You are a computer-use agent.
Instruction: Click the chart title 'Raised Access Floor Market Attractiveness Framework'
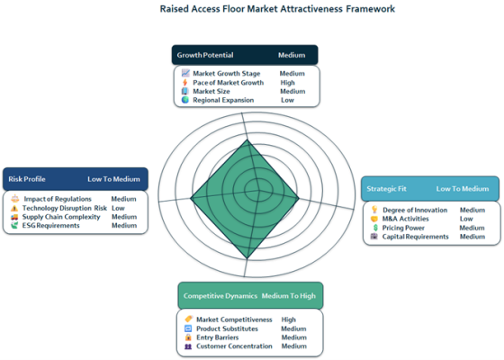[277, 9]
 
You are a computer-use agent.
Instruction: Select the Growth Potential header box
[245, 55]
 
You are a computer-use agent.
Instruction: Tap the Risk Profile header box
[76, 179]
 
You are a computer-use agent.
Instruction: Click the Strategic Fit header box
[430, 189]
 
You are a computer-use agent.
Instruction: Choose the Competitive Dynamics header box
[250, 296]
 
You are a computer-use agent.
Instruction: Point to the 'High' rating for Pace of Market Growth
[287, 83]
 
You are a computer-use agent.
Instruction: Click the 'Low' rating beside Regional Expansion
[287, 100]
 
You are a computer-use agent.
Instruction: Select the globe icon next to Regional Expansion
[185, 100]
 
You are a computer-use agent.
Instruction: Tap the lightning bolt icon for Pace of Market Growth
[185, 83]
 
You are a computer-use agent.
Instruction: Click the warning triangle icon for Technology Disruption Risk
[14, 208]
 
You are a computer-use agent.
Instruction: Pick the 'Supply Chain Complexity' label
[61, 217]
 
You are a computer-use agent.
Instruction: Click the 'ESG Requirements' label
[50, 226]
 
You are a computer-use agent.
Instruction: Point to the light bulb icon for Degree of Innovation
[374, 210]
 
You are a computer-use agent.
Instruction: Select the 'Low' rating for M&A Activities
[466, 219]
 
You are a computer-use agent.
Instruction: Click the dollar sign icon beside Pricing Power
[375, 228]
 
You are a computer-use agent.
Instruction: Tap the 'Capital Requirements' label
[415, 237]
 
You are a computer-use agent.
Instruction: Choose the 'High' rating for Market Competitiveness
[288, 319]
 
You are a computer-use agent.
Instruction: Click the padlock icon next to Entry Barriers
[188, 337]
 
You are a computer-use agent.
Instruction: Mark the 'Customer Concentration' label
[234, 346]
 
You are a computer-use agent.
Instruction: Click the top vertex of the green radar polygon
[247, 139]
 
